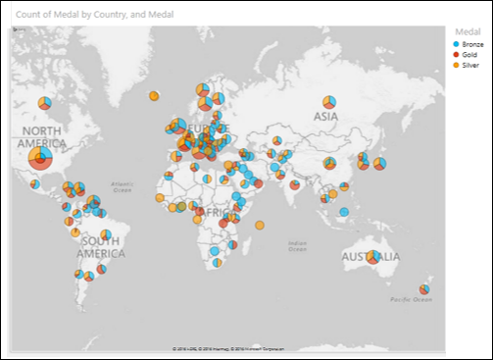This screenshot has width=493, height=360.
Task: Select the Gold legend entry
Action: [x=468, y=55]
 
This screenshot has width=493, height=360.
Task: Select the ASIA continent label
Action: [x=325, y=116]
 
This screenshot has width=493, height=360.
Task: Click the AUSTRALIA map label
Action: [x=370, y=257]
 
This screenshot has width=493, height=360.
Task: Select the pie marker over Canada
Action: [x=43, y=102]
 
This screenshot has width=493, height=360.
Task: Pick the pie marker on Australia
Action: [x=372, y=258]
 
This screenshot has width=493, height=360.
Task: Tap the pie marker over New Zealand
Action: [x=424, y=289]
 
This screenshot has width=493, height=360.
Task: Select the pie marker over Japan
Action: [x=379, y=164]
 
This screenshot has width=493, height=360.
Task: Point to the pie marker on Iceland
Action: [x=154, y=96]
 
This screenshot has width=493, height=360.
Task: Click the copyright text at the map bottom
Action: [x=225, y=348]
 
